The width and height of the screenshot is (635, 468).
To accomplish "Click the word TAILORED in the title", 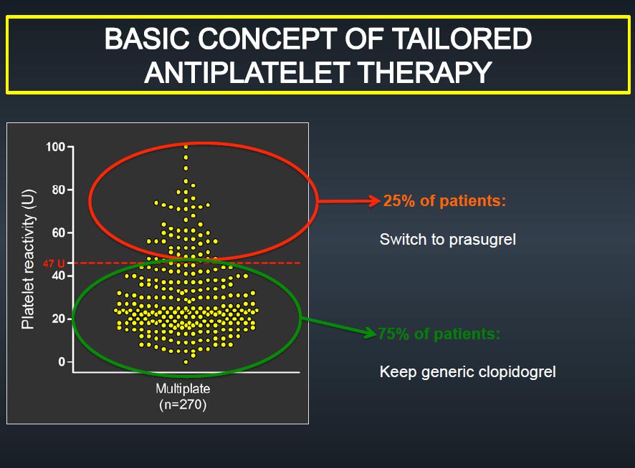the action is (x=462, y=39).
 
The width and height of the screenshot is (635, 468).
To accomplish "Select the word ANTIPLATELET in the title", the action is (x=247, y=72).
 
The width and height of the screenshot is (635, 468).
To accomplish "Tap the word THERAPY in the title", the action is (x=425, y=72).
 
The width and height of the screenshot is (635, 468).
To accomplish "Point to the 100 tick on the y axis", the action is (x=55, y=147).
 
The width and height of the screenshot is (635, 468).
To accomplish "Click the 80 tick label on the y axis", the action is (x=59, y=190).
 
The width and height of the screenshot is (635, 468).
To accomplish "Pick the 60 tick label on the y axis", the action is (x=59, y=233).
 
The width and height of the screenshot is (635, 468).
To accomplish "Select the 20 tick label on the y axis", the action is (x=59, y=318).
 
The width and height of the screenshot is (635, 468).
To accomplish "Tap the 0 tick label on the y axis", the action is (x=62, y=361).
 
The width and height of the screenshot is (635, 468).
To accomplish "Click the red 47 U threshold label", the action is (x=54, y=264).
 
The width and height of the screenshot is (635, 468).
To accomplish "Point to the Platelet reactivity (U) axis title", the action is (x=29, y=259).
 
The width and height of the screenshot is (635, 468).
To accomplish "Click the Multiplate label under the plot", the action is (x=183, y=389).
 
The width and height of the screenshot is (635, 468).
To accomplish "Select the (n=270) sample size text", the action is (x=183, y=404).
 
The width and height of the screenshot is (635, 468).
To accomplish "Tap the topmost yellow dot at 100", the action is (x=186, y=147).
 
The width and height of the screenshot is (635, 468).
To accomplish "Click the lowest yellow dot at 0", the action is (x=186, y=362).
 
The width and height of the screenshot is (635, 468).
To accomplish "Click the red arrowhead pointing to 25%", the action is (x=374, y=200).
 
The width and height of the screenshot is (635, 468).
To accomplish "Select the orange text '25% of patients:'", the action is (x=444, y=200).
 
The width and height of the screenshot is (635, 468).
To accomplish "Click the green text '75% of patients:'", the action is (x=439, y=333).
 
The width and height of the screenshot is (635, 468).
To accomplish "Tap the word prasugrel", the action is (x=482, y=240).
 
